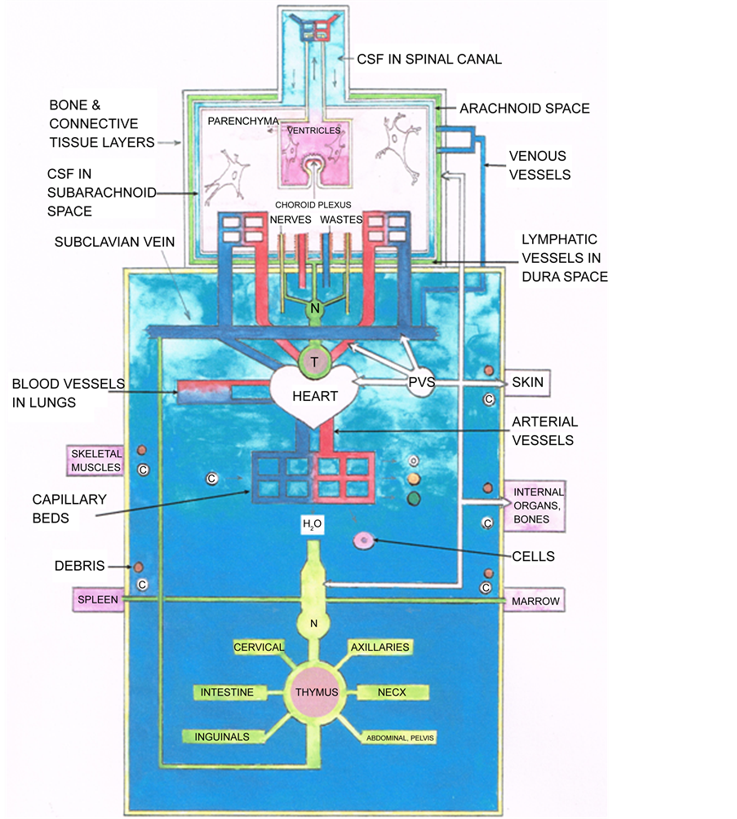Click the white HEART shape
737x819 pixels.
coord(315,397)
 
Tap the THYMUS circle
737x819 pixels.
coord(317,692)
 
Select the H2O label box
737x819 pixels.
coord(313,525)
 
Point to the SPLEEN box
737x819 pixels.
coord(98,599)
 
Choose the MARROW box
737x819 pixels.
coord(535,601)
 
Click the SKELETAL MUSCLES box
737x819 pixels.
coord(96,461)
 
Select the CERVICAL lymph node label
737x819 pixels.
coord(259,648)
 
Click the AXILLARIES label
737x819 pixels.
coord(380,648)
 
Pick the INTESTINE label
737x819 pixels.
coord(228,692)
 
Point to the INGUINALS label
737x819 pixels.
coord(222,737)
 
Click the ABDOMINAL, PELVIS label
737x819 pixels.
coord(400,738)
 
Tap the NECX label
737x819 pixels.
coord(392,692)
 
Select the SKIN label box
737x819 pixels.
coord(527,382)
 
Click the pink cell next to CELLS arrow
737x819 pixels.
coord(362,540)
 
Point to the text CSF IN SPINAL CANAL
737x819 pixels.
coord(429,59)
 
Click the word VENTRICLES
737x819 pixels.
coord(314,131)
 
